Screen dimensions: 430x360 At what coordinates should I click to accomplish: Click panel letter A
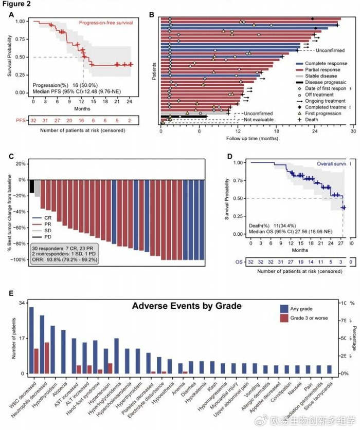pyautogui.click(x=11, y=15)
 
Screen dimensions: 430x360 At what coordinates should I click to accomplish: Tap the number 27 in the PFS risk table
pyautogui.click(x=57, y=120)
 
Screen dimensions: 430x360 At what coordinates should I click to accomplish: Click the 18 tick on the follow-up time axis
pyautogui.click(x=276, y=132)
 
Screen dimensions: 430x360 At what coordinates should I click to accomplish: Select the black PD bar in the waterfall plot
pyautogui.click(x=32, y=186)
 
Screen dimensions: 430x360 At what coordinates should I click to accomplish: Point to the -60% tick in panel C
pyautogui.click(x=21, y=228)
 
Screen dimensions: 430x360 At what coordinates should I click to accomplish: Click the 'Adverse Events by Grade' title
pyautogui.click(x=186, y=306)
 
